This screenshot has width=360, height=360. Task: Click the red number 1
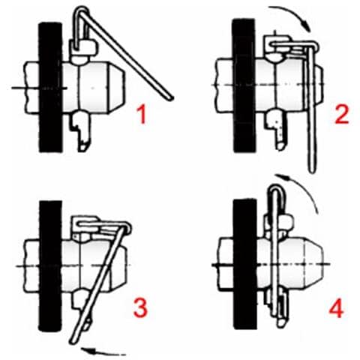(x=142, y=114)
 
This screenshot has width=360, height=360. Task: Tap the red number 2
(x=342, y=114)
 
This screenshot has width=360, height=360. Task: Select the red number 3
(x=140, y=307)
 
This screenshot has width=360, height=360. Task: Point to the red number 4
(x=336, y=308)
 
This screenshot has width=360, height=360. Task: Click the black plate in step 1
(x=50, y=87)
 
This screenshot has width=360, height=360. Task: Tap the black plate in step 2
(x=244, y=85)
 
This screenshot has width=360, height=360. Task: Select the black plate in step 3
(x=50, y=266)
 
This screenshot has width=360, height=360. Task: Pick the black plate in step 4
(x=244, y=264)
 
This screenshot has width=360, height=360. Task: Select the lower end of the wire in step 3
(x=73, y=341)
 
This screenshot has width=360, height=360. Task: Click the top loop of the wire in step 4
(x=276, y=188)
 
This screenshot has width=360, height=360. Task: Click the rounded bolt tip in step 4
(x=313, y=264)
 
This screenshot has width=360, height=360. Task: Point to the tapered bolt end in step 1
(x=116, y=88)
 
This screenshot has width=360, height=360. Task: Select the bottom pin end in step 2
(x=280, y=145)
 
